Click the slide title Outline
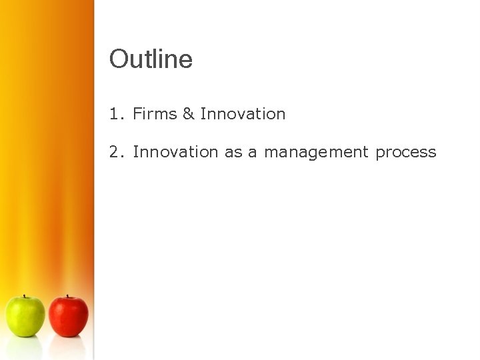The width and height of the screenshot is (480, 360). coord(151,59)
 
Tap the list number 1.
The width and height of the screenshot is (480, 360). coord(115,114)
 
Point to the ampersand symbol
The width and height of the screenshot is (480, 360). coord(188,114)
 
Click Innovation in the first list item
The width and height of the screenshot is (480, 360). coord(243,114)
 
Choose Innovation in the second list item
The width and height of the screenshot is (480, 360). coord(175,152)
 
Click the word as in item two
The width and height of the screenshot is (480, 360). coord(233,153)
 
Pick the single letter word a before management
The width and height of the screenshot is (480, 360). coord(253,153)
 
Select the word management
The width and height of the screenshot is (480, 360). coord(316,153)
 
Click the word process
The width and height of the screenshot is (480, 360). coord(406,153)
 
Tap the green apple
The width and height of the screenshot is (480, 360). coord(25,317)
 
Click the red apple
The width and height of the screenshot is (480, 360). coord(68,317)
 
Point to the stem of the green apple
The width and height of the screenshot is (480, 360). coord(25,296)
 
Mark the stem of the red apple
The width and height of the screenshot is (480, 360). coord(67,296)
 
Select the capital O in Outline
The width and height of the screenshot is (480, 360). coord(118,59)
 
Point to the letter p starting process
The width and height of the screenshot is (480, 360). coord(380,153)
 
